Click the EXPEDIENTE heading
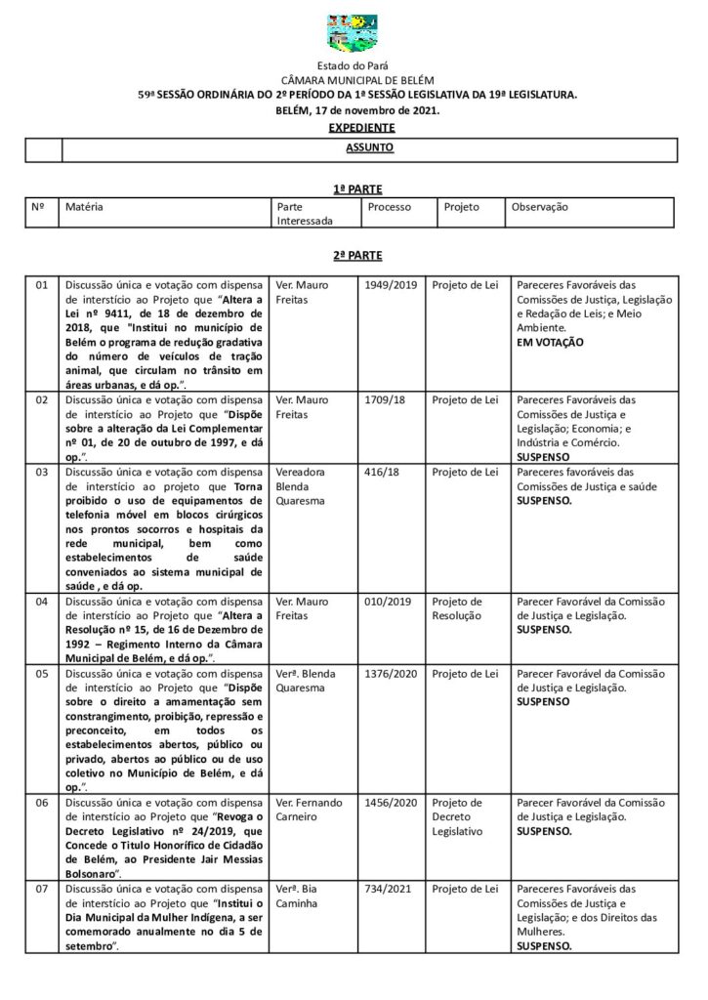pyautogui.click(x=361, y=128)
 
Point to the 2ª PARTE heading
pyautogui.click(x=356, y=255)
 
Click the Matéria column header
pyautogui.click(x=85, y=207)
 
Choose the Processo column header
pyautogui.click(x=390, y=207)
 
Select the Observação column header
pyautogui.click(x=540, y=207)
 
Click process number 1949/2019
pyautogui.click(x=390, y=285)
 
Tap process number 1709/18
pyautogui.click(x=383, y=399)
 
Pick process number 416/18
pyautogui.click(x=379, y=473)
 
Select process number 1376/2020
pyautogui.click(x=390, y=674)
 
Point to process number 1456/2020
pyautogui.click(x=390, y=803)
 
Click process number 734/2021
pyautogui.click(x=386, y=889)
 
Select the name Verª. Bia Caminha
pyautogui.click(x=298, y=896)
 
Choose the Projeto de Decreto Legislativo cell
pyautogui.click(x=458, y=816)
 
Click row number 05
pyautogui.click(x=42, y=674)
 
